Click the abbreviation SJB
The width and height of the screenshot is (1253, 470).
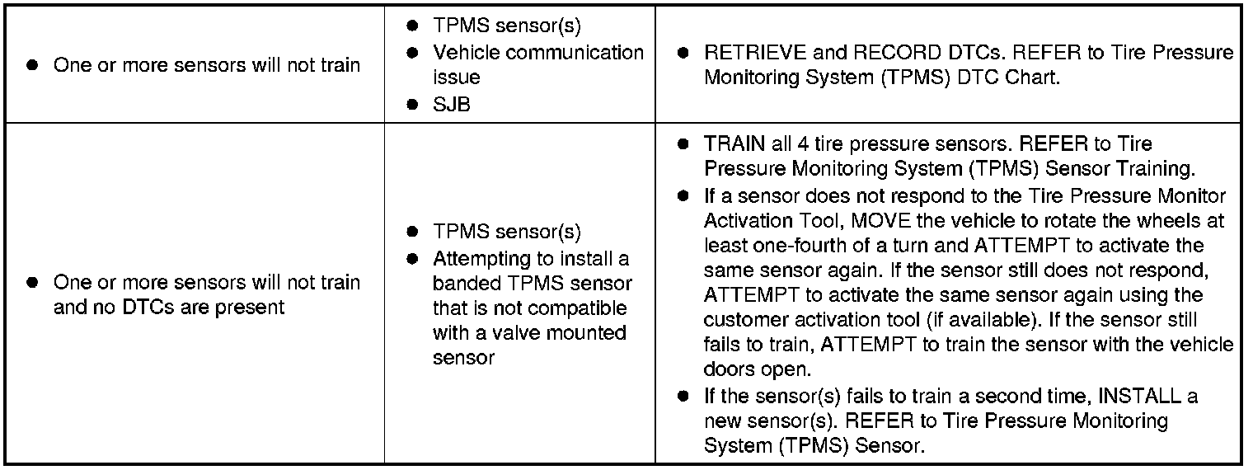pyautogui.click(x=452, y=106)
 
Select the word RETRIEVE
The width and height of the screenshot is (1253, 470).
pyautogui.click(x=753, y=53)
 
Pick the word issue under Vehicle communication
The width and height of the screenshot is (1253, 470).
pyautogui.click(x=457, y=78)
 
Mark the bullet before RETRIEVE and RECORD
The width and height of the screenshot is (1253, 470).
pyautogui.click(x=683, y=53)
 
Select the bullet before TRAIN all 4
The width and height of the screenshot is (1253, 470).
pyautogui.click(x=683, y=144)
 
